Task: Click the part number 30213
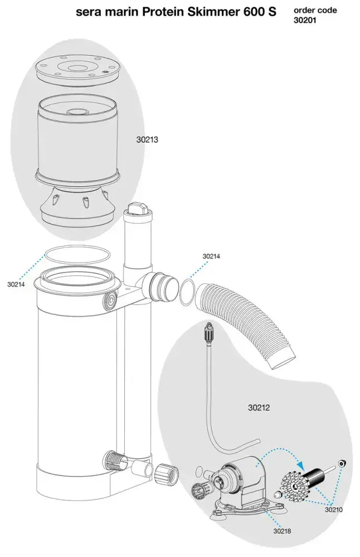pyautogui.click(x=147, y=140)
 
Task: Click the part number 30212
pyautogui.click(x=259, y=408)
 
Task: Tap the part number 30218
pyautogui.click(x=281, y=531)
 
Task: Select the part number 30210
pyautogui.click(x=334, y=510)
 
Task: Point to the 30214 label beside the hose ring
pyautogui.click(x=211, y=256)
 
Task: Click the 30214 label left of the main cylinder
pyautogui.click(x=16, y=284)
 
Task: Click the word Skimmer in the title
pyautogui.click(x=207, y=12)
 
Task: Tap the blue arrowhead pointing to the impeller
pyautogui.click(x=301, y=464)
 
